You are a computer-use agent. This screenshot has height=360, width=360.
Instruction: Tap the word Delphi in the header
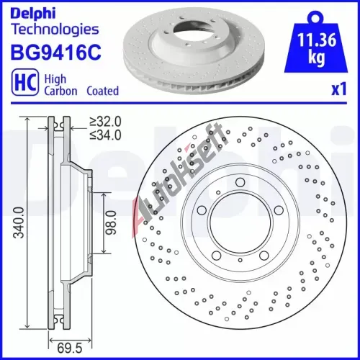click(x=33, y=13)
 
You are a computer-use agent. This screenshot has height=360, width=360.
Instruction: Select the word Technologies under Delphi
click(x=55, y=30)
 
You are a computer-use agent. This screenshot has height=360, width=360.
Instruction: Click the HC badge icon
click(x=25, y=82)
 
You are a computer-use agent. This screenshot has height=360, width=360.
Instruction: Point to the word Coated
click(x=103, y=91)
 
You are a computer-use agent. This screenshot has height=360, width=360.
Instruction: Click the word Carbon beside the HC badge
click(x=60, y=91)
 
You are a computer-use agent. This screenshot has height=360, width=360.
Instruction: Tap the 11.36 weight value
click(x=317, y=40)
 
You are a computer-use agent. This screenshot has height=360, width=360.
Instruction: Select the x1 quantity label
click(x=339, y=89)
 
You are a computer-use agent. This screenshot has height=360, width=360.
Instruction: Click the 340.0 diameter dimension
click(x=19, y=222)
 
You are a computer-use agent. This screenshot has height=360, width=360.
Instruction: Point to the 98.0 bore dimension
click(x=112, y=222)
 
